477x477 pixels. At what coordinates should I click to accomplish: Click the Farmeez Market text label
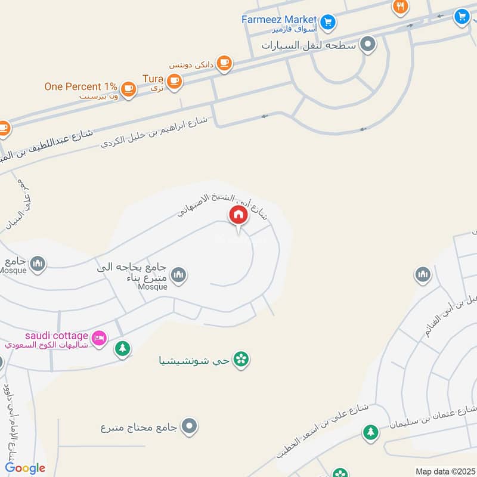278,19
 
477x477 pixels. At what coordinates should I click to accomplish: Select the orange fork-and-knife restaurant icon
400,7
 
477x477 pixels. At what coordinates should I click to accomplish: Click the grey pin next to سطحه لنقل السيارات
369,44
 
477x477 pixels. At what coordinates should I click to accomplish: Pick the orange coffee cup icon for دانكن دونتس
224,63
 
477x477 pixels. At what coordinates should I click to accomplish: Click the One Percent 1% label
80,86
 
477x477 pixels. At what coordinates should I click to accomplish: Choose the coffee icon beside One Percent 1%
128,89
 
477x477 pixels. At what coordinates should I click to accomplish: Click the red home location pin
238,215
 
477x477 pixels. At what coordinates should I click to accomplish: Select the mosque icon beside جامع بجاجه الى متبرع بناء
178,275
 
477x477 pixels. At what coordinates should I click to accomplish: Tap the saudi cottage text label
57,336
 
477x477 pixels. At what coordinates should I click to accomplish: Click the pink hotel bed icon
100,338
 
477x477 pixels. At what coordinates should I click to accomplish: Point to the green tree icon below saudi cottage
122,348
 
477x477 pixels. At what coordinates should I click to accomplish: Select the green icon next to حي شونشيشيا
241,359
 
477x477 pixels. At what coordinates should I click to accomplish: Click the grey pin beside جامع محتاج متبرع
190,426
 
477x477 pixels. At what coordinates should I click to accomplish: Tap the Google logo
25,468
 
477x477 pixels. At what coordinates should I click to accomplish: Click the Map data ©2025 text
444,471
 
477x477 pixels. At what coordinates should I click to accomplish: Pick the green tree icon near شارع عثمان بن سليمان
371,431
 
